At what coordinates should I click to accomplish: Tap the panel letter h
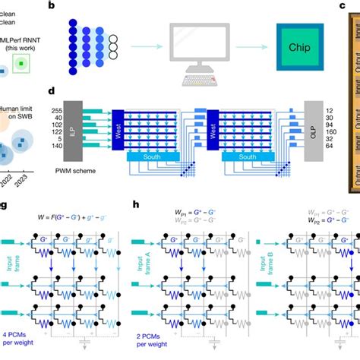(136, 205)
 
